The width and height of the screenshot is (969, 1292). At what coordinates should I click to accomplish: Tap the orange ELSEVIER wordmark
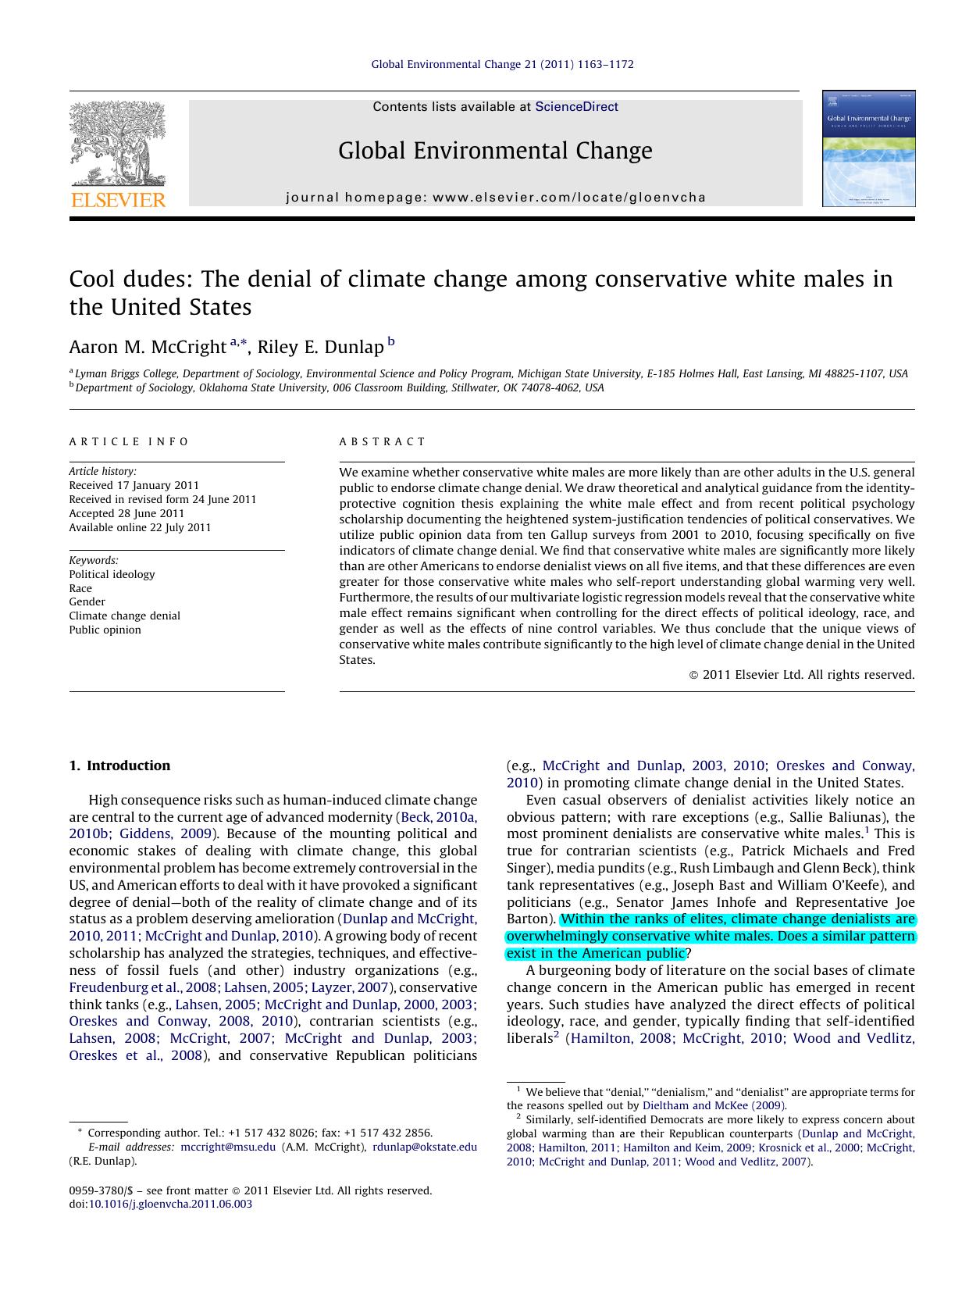click(x=118, y=200)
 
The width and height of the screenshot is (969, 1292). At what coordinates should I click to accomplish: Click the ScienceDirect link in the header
click(x=576, y=107)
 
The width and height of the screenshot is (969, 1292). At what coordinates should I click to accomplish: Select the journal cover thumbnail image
click(x=868, y=148)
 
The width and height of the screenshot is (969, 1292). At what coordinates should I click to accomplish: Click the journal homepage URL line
click(x=496, y=198)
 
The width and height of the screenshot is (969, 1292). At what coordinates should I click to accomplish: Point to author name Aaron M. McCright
click(x=147, y=347)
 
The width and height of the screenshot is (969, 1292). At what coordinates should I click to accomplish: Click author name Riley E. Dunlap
click(x=320, y=347)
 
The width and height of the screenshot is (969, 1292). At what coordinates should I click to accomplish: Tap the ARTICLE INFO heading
click(x=129, y=441)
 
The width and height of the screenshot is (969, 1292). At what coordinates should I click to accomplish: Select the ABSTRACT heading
click(x=383, y=441)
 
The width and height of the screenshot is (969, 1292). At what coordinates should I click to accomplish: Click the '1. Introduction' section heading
click(x=119, y=766)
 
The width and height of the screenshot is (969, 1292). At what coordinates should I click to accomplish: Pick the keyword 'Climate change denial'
click(x=124, y=616)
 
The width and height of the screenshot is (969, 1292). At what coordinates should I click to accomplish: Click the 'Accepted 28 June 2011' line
click(x=126, y=513)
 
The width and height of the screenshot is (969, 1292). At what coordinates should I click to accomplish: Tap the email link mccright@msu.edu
click(x=228, y=1147)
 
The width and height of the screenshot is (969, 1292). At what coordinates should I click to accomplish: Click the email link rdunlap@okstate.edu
click(x=424, y=1147)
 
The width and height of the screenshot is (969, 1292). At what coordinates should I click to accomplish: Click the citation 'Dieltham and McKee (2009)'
click(x=714, y=1105)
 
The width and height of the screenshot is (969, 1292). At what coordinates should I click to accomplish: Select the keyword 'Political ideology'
click(x=112, y=574)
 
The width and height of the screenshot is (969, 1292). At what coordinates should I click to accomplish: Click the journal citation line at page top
click(x=502, y=64)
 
